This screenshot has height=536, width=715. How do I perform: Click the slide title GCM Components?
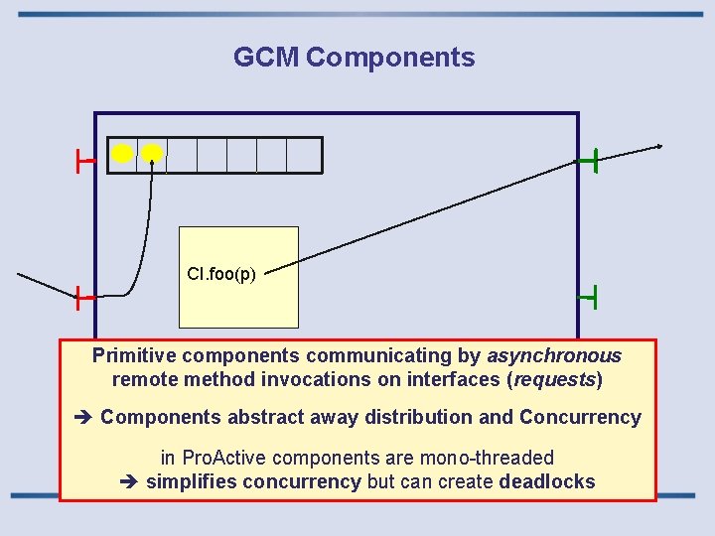[354, 58]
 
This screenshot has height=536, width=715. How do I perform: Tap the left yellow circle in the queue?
[122, 154]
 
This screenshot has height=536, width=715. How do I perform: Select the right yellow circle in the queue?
[152, 153]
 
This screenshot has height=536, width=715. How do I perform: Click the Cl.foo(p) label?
[221, 274]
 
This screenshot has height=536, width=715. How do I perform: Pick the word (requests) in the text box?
[557, 379]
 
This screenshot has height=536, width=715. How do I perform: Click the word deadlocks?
[547, 482]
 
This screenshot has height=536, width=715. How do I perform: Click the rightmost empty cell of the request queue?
[305, 155]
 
